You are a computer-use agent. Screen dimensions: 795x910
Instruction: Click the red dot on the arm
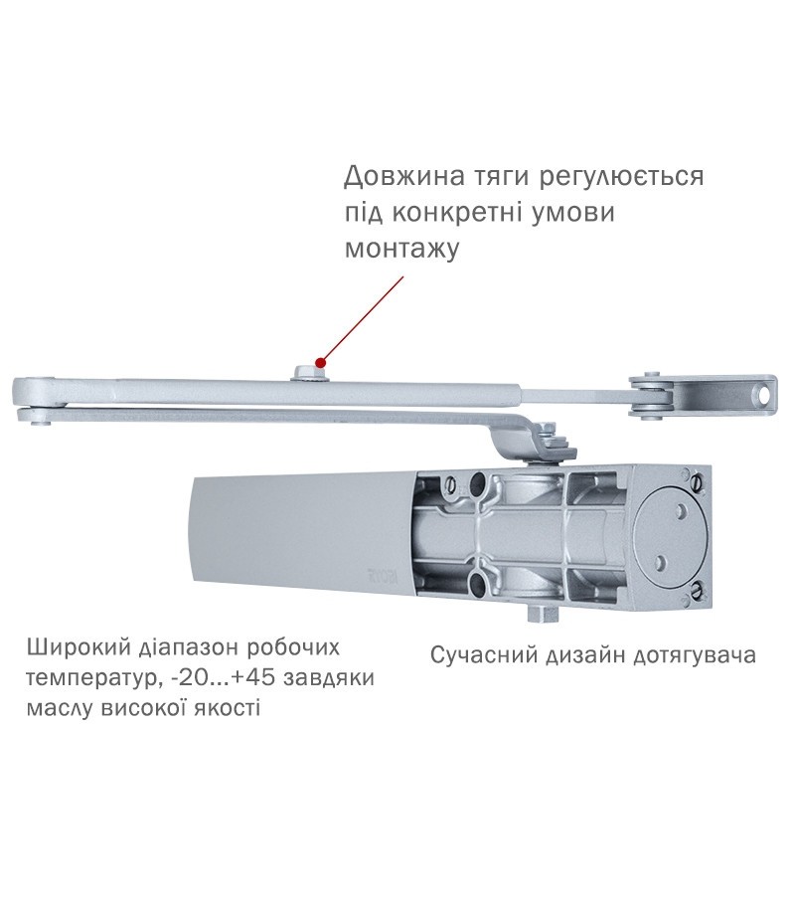pyautogui.click(x=321, y=363)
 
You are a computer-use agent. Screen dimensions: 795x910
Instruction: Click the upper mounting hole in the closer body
pyautogui.click(x=479, y=481)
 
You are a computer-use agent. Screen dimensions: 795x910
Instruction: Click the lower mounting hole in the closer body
pyautogui.click(x=478, y=583)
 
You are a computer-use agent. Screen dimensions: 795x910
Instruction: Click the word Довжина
pyautogui.click(x=404, y=176)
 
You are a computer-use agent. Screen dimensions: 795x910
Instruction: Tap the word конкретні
pyautogui.click(x=462, y=213)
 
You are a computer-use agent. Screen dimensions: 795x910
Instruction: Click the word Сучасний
pyautogui.click(x=481, y=655)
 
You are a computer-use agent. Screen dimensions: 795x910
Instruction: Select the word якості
pyautogui.click(x=222, y=709)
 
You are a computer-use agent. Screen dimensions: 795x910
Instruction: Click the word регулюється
pyautogui.click(x=622, y=176)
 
